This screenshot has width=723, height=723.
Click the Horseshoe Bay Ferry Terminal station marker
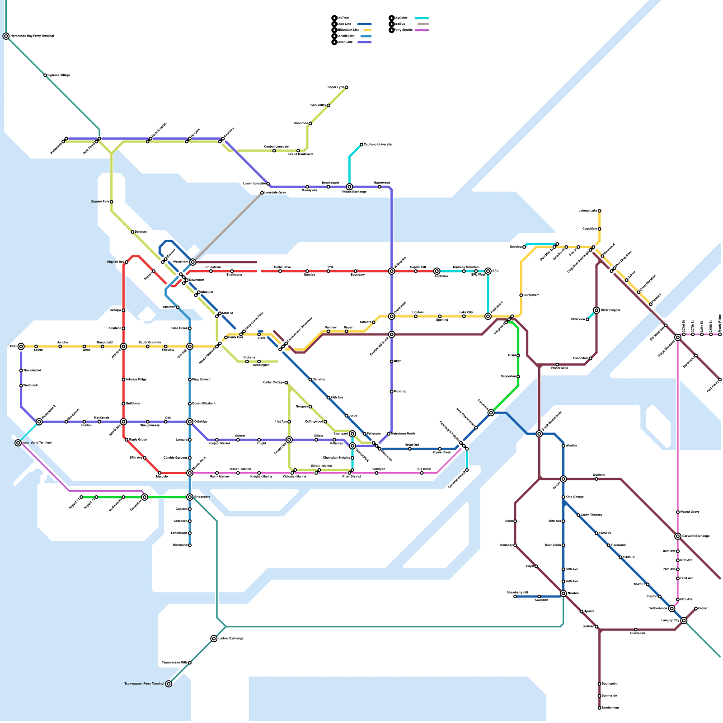pos(6,36)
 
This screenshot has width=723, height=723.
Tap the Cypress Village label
pos(59,75)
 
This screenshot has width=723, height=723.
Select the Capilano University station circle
pos(361,145)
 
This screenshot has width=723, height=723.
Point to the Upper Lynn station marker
pos(347,87)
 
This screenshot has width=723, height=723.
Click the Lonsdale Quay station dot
pos(262,193)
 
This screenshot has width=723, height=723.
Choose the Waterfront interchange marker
pos(193,262)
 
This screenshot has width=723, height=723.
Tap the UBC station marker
pos(21,347)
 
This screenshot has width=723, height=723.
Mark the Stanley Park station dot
pos(112,202)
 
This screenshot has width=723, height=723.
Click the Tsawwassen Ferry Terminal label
pos(144,684)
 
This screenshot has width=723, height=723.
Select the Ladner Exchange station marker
pos(214,638)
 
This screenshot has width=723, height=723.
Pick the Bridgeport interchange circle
pos(190,497)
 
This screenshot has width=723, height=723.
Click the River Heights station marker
pos(596,310)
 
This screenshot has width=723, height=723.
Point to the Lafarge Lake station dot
pos(600,211)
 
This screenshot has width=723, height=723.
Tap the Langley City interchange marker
pos(684,620)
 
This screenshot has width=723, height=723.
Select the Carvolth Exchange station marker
pos(678,536)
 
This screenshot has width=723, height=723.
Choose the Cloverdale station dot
pos(636,629)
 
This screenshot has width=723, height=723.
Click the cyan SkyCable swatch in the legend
pos(422,19)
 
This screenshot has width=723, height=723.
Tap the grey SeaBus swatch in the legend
pos(423,24)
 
